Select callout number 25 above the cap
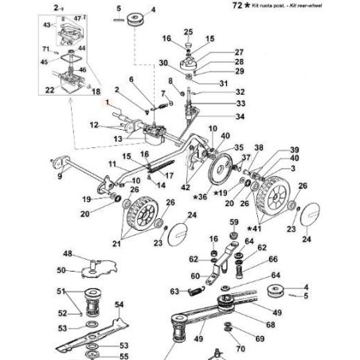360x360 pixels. (x=188, y=31)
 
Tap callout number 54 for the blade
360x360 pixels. (x=119, y=304)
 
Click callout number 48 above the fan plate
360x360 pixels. (x=68, y=254)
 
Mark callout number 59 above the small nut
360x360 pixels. (x=234, y=221)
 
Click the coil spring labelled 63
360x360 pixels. (x=196, y=292)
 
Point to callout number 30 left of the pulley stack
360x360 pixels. (x=162, y=63)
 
